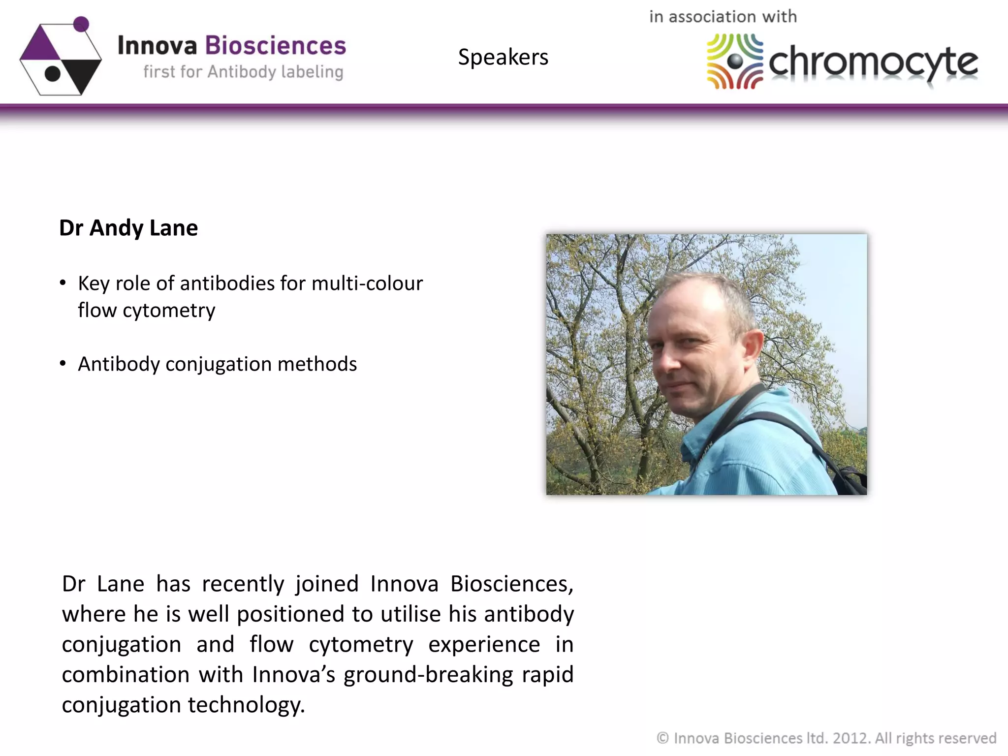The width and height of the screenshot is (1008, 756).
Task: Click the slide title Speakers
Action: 503,57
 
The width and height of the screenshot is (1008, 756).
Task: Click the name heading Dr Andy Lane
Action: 128,228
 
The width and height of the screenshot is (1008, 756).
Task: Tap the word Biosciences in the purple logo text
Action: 275,46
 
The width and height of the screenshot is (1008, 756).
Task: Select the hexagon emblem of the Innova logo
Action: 60,58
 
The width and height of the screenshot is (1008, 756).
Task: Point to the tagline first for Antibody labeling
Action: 243,72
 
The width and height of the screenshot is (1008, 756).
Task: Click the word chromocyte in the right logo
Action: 873,63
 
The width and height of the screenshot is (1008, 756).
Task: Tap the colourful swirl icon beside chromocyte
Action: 734,61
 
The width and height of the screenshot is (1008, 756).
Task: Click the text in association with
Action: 723,17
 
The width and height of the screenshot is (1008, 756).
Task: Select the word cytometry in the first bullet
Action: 168,311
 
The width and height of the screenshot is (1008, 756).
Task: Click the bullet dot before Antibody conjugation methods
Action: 63,364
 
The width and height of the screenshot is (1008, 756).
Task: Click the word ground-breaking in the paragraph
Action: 428,675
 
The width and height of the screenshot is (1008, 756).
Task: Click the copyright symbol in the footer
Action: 662,738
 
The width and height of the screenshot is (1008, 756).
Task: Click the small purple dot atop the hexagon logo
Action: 81,24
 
